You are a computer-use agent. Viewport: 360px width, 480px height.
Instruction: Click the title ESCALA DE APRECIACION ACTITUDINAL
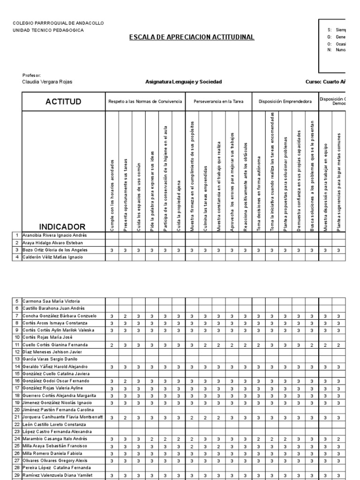pyautogui.click(x=192, y=37)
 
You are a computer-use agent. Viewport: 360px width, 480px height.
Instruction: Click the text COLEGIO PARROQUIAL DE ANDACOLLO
pyautogui.click(x=59, y=23)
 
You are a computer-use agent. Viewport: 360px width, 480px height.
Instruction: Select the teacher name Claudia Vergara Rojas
pyautogui.click(x=47, y=82)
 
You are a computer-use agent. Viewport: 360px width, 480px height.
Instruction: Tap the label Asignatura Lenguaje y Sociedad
pyautogui.click(x=183, y=82)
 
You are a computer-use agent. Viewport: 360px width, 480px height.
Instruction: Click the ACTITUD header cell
pyautogui.click(x=63, y=102)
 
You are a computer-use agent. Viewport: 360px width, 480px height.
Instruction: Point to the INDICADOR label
pyautogui.click(x=62, y=226)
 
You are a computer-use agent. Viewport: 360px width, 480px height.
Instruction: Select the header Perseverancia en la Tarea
pyautogui.click(x=218, y=101)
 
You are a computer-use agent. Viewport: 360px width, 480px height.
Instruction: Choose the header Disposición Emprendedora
pyautogui.click(x=285, y=101)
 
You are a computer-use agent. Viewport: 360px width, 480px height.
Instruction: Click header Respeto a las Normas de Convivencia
pyautogui.click(x=145, y=101)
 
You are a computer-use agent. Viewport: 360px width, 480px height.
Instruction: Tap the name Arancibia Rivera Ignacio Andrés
pyautogui.click(x=54, y=235)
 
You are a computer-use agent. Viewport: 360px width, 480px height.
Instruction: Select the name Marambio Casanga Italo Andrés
pyautogui.click(x=55, y=439)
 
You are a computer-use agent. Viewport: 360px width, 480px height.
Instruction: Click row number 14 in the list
pyautogui.click(x=16, y=367)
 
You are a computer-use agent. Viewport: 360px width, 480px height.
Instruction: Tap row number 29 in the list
pyautogui.click(x=16, y=475)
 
